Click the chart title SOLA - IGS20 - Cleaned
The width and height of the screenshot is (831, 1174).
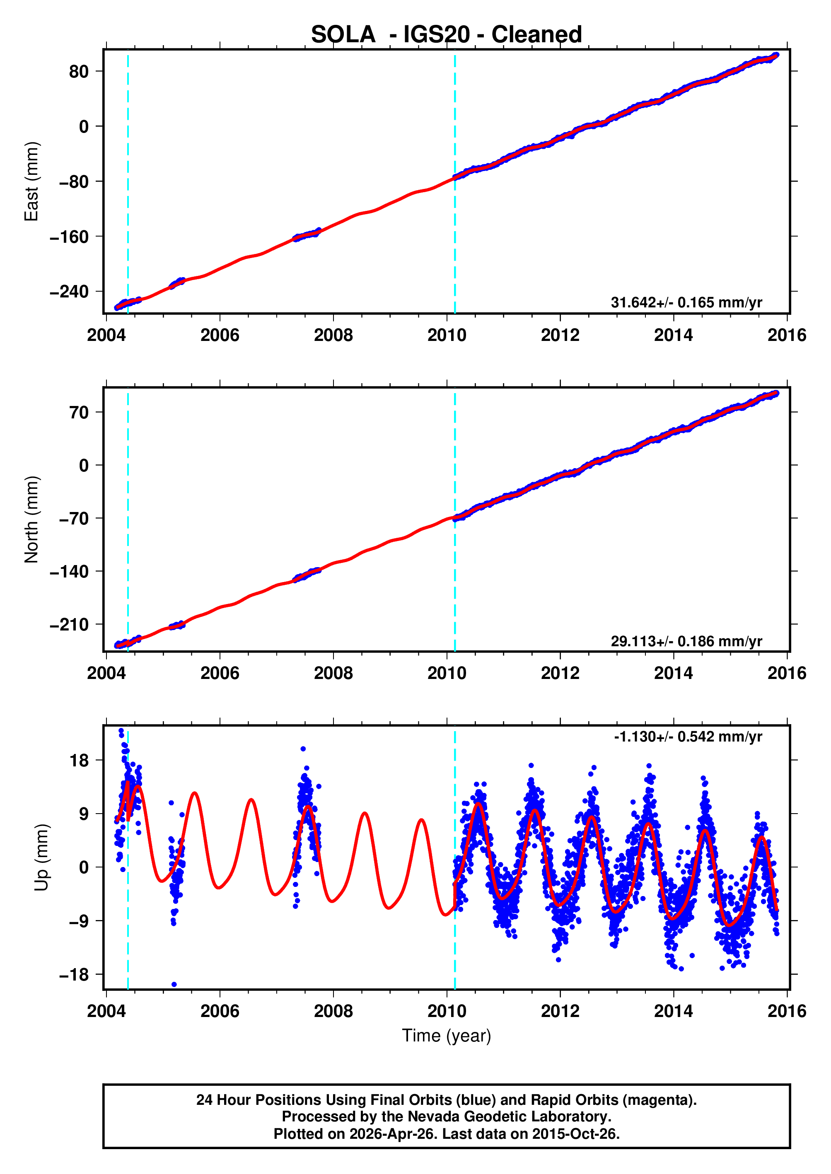(x=446, y=35)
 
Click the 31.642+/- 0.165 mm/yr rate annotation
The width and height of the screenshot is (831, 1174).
(x=686, y=302)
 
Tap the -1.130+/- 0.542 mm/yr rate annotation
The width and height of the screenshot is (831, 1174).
(x=688, y=737)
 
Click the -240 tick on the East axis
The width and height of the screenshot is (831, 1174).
(x=69, y=292)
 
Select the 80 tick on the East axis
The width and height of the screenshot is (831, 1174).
(x=79, y=72)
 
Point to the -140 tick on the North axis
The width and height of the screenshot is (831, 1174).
(x=69, y=571)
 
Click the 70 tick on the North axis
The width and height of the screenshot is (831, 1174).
(x=79, y=412)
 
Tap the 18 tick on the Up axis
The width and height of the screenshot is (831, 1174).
(x=79, y=761)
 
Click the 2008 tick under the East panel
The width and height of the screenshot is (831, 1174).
(x=333, y=336)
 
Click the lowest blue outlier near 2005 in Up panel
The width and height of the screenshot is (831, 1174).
(x=174, y=984)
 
